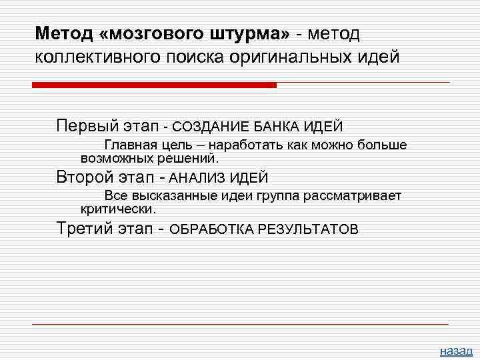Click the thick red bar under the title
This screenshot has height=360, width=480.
coord(154,85)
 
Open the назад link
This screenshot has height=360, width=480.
coord(456,351)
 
